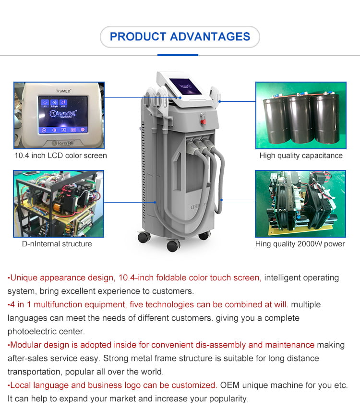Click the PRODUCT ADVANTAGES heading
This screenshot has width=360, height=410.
click(x=180, y=36)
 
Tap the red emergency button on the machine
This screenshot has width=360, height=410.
click(x=204, y=121)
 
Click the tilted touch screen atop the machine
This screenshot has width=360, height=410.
click(x=185, y=86)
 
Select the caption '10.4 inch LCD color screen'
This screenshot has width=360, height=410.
click(x=60, y=156)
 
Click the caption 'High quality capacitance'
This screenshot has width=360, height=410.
click(x=301, y=156)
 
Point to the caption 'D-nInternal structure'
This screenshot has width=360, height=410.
click(x=57, y=244)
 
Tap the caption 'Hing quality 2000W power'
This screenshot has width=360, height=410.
click(x=300, y=244)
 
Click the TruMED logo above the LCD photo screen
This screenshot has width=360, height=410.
click(x=63, y=91)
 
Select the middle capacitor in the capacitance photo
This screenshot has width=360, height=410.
click(x=300, y=118)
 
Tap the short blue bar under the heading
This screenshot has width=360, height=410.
click(x=178, y=55)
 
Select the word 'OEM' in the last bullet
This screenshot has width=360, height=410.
click(x=230, y=385)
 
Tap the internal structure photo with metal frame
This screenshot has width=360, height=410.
click(x=59, y=204)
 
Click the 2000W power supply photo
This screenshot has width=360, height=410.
click(x=300, y=204)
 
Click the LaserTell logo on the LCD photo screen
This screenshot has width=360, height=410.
click(x=63, y=114)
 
